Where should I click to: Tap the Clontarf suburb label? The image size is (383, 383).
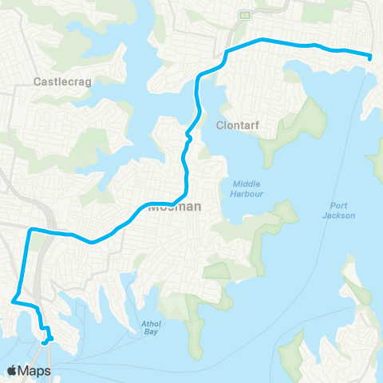[235, 124]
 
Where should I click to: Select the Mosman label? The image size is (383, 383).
[174, 206]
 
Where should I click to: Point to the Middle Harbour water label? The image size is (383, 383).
[245, 188]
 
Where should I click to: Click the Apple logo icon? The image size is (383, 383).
[14, 370]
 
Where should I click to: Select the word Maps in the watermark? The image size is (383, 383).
[37, 370]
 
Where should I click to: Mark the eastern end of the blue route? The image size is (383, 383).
[371, 57]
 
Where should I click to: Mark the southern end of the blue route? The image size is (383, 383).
[43, 342]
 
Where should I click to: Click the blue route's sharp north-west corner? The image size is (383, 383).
[30, 230]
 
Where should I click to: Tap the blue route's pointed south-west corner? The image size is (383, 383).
[12, 302]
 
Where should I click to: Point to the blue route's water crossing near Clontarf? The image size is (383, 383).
[188, 136]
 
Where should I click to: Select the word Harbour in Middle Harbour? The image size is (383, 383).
[245, 192]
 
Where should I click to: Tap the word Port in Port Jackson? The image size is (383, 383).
[338, 205]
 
